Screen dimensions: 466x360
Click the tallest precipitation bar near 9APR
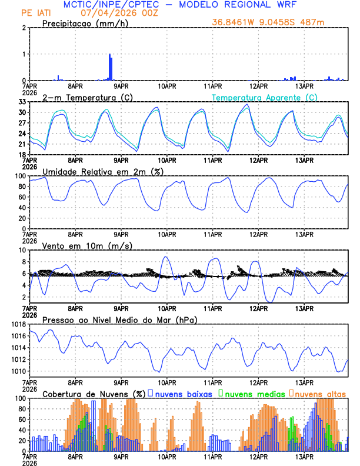[x=109, y=67]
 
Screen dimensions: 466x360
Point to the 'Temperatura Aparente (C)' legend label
[x=264, y=97]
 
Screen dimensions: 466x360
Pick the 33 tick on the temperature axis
[x=22, y=102]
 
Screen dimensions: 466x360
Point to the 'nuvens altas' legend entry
[x=320, y=394]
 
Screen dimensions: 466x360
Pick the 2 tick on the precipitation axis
[x=24, y=28]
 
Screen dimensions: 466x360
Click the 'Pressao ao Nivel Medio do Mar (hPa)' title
[x=119, y=319]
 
